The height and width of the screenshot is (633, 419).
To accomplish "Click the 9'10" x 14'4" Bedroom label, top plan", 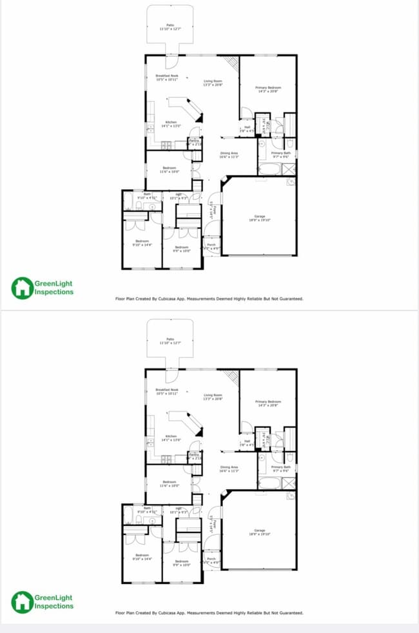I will point(141,243).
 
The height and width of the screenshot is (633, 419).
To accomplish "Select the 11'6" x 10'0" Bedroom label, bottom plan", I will point(170,484).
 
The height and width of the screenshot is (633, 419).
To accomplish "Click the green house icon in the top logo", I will point(22,288).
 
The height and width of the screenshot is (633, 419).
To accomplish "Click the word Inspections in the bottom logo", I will point(54,607).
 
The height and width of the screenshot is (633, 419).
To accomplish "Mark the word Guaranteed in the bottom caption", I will point(289,613).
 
